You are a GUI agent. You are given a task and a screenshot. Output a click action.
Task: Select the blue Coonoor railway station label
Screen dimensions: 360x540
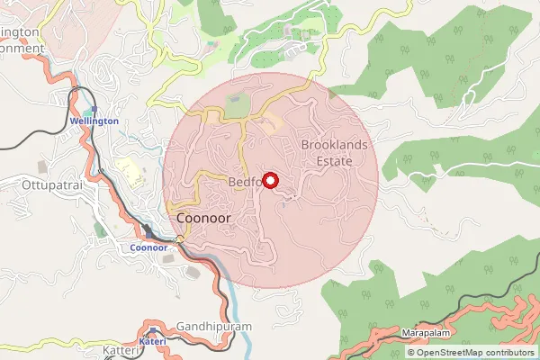click(x=149, y=247)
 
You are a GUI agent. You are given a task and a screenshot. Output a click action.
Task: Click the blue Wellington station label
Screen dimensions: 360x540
click(x=94, y=121)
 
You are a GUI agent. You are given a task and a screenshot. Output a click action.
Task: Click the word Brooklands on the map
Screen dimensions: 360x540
click(x=336, y=144)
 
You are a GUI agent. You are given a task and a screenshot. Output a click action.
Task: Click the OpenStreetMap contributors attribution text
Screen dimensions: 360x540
click(x=474, y=353)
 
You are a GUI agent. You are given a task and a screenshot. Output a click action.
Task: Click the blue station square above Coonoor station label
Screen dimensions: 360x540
click(x=148, y=233)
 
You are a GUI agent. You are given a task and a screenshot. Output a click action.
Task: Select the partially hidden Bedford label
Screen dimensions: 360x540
click(x=244, y=182)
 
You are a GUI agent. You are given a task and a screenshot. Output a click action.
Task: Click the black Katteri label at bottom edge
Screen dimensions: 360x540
click(x=121, y=349)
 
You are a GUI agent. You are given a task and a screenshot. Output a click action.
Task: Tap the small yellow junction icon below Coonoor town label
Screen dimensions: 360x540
click(x=180, y=238)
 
